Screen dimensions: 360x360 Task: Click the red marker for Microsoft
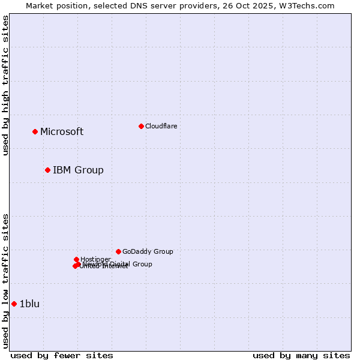pos(35,131)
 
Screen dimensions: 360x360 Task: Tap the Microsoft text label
pos(62,132)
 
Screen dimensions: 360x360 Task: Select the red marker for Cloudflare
pos(141,126)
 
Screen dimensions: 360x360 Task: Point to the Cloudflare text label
pos(161,126)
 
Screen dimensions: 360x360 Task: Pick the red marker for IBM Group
pos(47,170)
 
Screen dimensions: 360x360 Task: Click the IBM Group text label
pos(78,170)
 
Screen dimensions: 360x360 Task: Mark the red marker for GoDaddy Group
pos(118,251)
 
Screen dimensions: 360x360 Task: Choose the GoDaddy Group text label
pos(148,252)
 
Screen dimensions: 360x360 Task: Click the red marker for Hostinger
pos(76,259)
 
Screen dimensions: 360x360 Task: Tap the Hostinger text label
pos(95,259)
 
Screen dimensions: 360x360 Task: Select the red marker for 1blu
pos(14,304)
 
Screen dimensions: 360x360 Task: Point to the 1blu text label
pos(29,304)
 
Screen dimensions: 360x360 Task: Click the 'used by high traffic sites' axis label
pos(5,85)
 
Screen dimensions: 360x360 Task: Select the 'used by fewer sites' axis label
pos(62,356)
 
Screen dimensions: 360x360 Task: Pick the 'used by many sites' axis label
pos(301,356)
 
